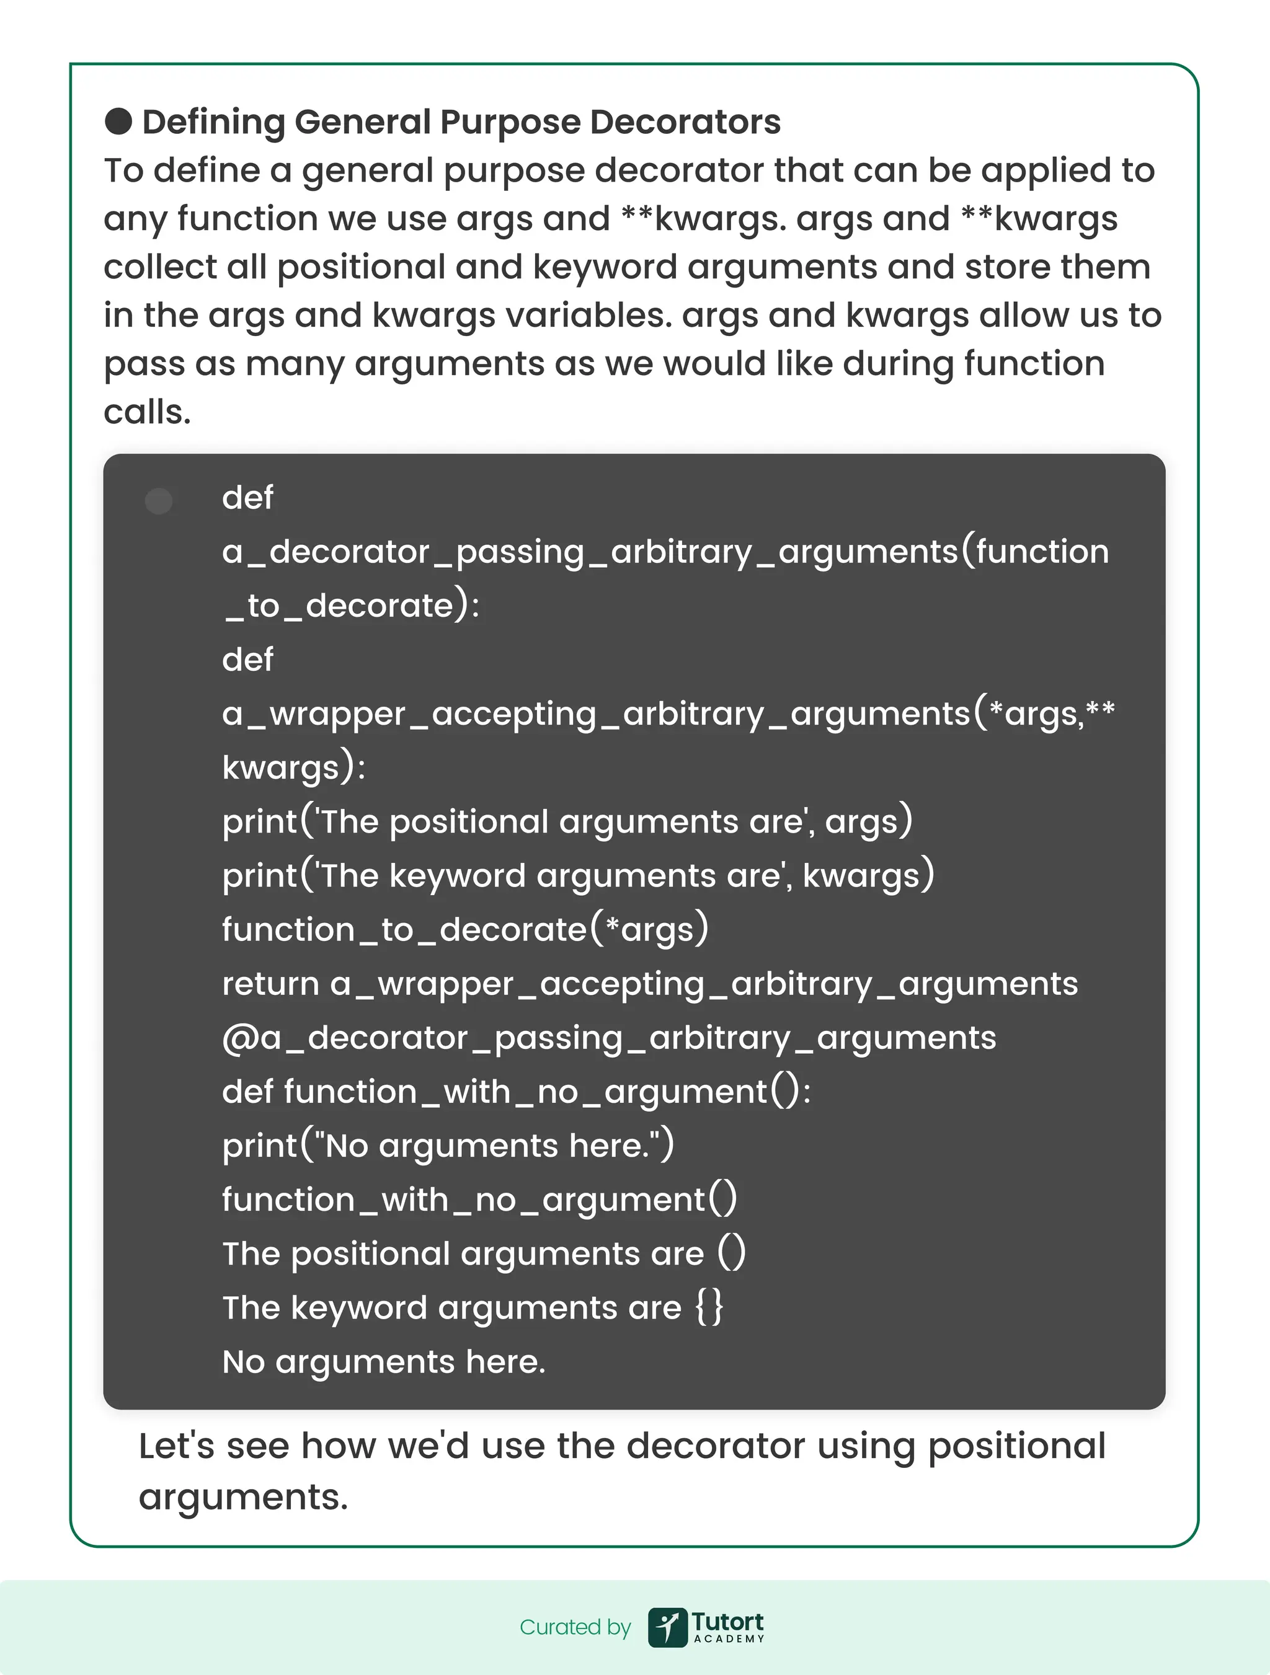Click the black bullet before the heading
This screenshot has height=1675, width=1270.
118,121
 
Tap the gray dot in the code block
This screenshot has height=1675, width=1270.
158,500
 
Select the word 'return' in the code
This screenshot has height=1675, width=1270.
270,984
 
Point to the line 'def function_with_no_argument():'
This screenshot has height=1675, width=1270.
516,1092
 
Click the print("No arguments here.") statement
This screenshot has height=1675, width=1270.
448,1146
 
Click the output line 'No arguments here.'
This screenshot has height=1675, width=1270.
383,1361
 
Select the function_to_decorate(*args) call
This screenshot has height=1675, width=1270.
465,929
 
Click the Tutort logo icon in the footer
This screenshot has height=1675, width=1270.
667,1627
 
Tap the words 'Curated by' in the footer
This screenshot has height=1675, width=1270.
575,1627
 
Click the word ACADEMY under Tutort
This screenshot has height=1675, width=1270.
729,1638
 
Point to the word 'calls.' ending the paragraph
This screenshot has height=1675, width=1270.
147,412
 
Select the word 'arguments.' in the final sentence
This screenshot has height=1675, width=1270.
243,1497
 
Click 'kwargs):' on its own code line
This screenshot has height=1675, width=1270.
294,767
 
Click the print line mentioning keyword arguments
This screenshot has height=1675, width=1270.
578,875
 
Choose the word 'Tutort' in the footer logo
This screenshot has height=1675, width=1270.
727,1621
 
